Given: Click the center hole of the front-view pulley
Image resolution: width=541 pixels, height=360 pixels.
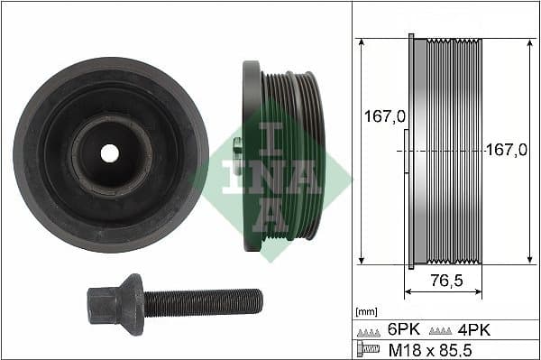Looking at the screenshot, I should coord(110,153).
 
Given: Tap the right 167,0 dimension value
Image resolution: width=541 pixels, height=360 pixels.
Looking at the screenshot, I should coord(506,152).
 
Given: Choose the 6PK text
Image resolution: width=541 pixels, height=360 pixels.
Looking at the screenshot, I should coord(400,330).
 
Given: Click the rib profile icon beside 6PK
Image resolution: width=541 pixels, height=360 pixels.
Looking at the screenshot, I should coord(368,331).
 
